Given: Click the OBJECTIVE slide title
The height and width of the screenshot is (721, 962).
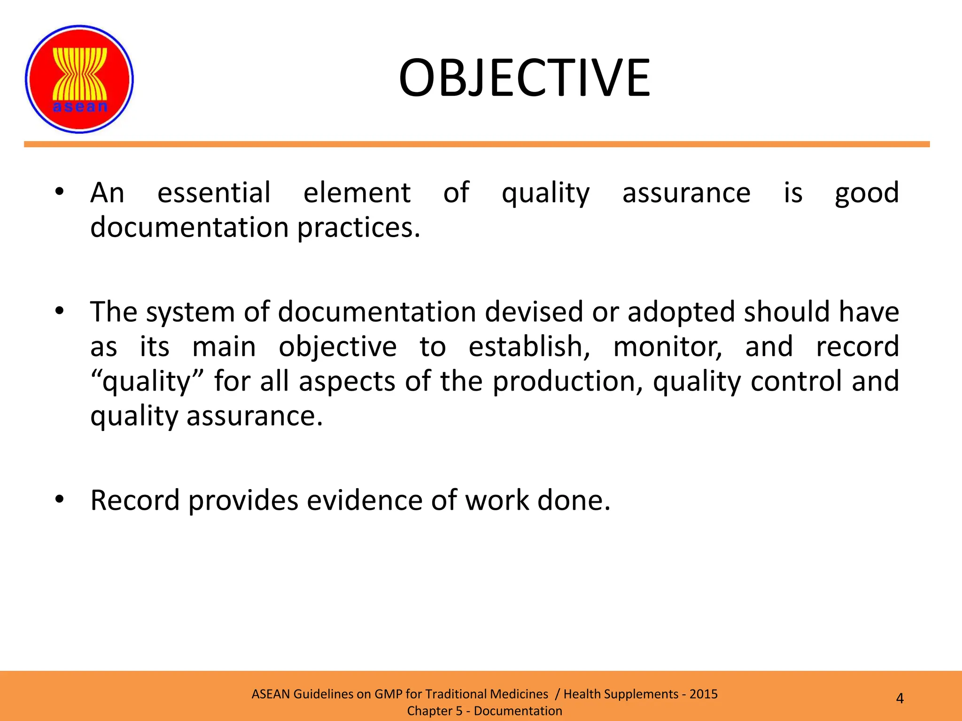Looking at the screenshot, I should tap(524, 78).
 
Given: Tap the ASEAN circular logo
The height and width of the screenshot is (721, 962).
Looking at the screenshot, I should tap(79, 79).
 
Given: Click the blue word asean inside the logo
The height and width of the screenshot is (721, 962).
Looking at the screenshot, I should tap(80, 107).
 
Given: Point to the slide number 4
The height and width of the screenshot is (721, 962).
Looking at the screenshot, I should tap(900, 698).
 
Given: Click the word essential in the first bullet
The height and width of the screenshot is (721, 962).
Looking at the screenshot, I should tap(214, 192).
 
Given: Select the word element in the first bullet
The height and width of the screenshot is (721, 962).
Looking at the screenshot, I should tap(357, 192).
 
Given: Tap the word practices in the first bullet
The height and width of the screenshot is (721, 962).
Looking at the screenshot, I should tap(358, 228).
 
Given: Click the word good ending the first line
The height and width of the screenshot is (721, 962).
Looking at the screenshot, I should tap(867, 193).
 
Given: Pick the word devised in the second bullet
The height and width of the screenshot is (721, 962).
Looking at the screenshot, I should tap(534, 312).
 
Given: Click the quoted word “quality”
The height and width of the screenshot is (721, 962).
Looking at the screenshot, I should tap(147, 381).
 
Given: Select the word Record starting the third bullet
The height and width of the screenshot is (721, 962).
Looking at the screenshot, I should tap(135, 500).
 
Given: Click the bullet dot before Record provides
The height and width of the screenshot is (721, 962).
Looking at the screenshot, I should tap(59, 499).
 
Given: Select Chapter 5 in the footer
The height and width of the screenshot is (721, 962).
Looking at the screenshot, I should tap(434, 711).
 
